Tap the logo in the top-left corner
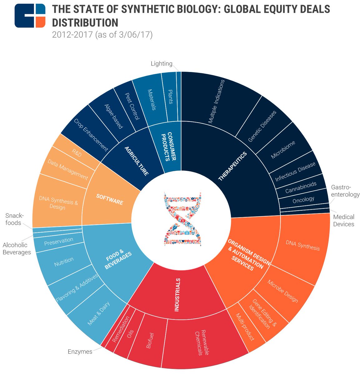30,16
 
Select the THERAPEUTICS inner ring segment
232,167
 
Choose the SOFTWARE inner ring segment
109,199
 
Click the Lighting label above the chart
162,64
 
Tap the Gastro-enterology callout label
345,191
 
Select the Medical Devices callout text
343,220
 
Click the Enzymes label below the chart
80,352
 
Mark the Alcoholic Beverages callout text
17,249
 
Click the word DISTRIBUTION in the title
85,23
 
